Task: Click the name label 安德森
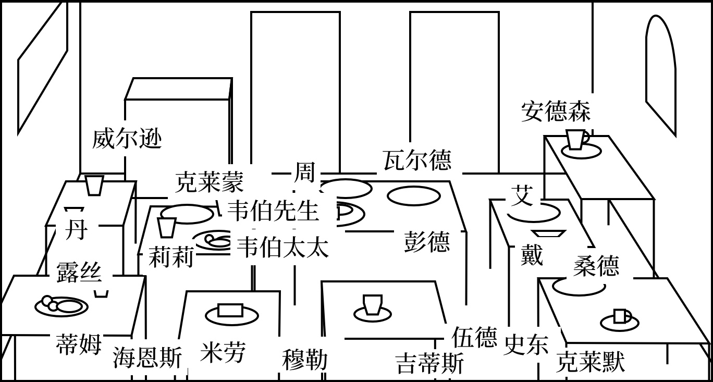click(x=556, y=112)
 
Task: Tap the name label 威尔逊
click(x=127, y=139)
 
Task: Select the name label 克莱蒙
click(x=209, y=182)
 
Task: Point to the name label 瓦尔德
click(x=417, y=160)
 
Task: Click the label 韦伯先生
click(x=273, y=211)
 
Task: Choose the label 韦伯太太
click(x=282, y=248)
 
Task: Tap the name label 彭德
click(x=427, y=242)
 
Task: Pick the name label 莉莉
click(x=171, y=257)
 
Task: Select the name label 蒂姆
click(x=78, y=344)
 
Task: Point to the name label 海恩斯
click(x=147, y=359)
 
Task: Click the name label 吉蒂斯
click(x=429, y=363)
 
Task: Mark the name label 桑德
click(x=596, y=266)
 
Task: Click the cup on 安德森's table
click(x=576, y=140)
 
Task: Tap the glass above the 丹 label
click(x=94, y=186)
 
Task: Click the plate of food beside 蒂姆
click(x=61, y=305)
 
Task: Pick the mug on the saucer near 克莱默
click(x=620, y=316)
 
